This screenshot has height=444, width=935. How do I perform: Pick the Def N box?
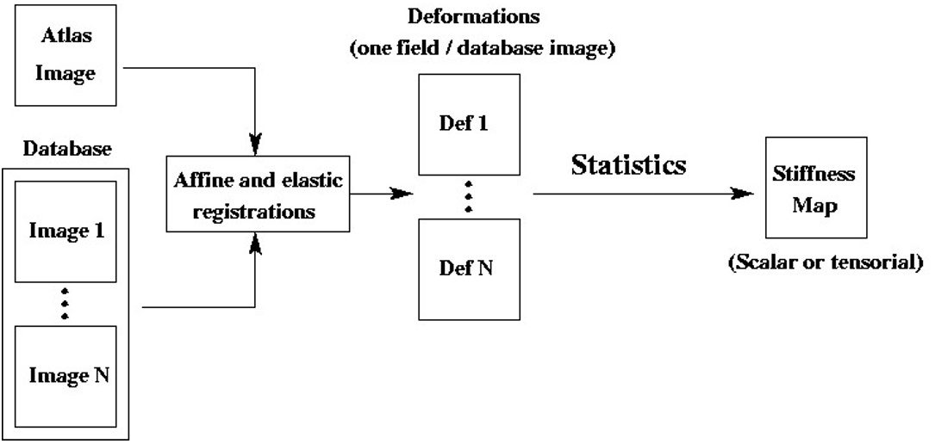(469, 268)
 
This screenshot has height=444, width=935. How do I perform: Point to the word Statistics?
(629, 165)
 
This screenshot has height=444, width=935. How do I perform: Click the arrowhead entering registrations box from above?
(255, 141)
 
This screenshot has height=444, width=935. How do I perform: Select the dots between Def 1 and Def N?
(469, 196)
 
